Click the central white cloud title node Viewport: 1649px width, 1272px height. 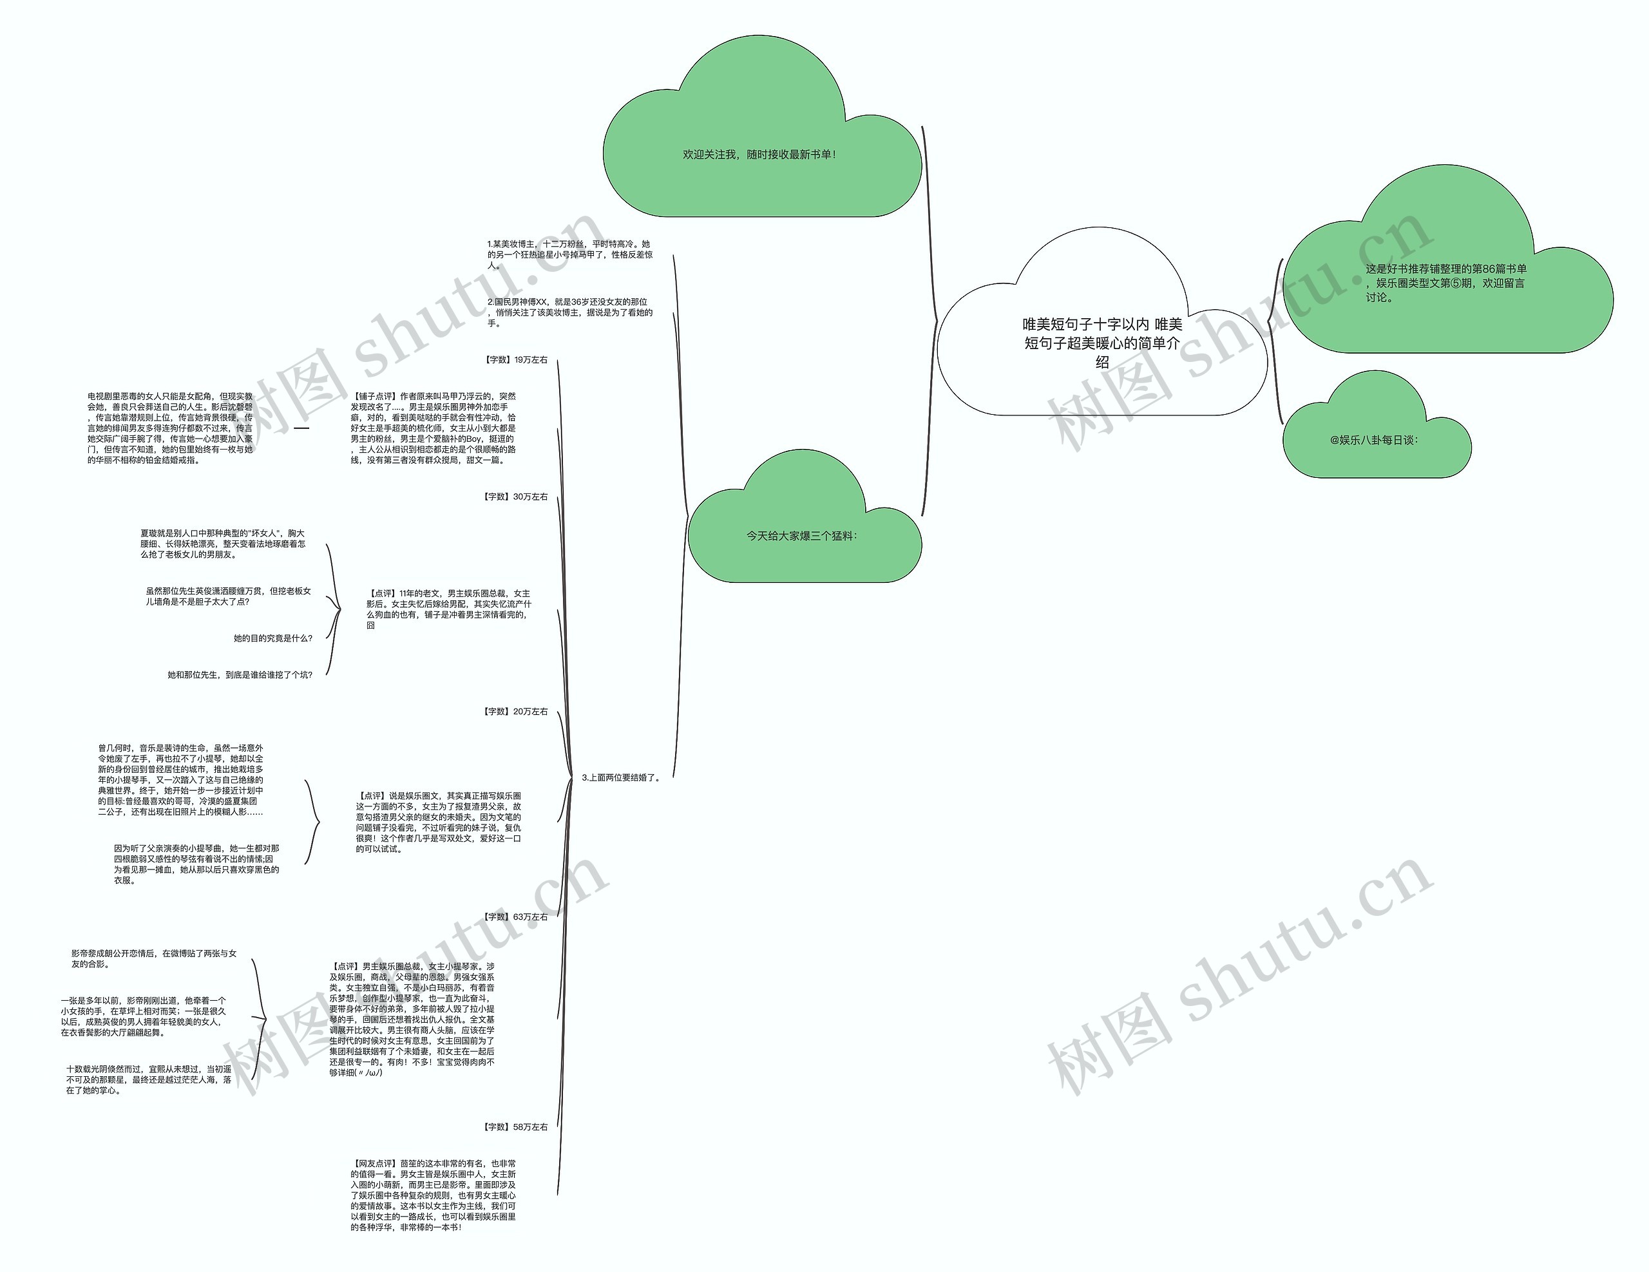pyautogui.click(x=1101, y=343)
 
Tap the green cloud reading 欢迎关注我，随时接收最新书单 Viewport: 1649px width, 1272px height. pyautogui.click(x=759, y=155)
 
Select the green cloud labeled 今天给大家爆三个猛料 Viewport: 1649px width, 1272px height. pyautogui.click(x=802, y=536)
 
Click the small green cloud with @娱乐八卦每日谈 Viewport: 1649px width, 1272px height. pyautogui.click(x=1374, y=440)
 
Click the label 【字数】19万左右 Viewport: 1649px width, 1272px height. pyautogui.click(x=516, y=360)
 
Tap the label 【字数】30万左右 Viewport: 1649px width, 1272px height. pyautogui.click(x=516, y=497)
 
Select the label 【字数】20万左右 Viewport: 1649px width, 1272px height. pyautogui.click(x=516, y=711)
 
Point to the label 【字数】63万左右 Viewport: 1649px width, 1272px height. pyautogui.click(x=516, y=916)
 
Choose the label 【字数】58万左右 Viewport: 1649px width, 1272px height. pyautogui.click(x=516, y=1126)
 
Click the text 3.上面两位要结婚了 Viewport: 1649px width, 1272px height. pyautogui.click(x=622, y=777)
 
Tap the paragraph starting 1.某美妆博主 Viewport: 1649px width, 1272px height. pyautogui.click(x=570, y=254)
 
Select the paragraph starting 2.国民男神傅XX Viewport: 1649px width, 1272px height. pyautogui.click(x=570, y=312)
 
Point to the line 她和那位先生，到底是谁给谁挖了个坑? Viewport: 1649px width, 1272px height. pyautogui.click(x=240, y=675)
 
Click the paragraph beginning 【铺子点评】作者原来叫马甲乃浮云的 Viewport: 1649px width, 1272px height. pyautogui.click(x=434, y=428)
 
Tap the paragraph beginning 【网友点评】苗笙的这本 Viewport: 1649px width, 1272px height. pyautogui.click(x=434, y=1195)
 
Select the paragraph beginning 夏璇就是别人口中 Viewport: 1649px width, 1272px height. pyautogui.click(x=223, y=544)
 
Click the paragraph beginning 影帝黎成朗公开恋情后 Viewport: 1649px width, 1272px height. pyautogui.click(x=154, y=959)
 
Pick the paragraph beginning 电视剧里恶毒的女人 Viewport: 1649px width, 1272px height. pyautogui.click(x=170, y=428)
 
